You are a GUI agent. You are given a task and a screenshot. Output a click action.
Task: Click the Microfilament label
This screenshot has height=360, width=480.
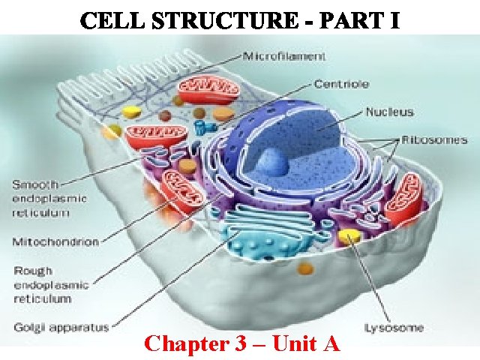pos(283,55)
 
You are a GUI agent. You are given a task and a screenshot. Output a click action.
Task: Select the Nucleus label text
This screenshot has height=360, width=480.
pos(389,112)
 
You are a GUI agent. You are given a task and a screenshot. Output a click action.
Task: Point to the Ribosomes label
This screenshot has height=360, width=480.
pos(434,139)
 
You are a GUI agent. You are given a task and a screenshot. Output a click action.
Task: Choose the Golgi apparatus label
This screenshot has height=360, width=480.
pos(61,327)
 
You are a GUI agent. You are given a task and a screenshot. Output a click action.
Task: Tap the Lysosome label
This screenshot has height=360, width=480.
pos(393,327)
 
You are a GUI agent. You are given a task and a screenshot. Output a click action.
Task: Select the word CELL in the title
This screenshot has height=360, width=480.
pos(108,21)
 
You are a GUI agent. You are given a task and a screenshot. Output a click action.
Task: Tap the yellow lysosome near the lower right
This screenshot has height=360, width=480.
pos(347,238)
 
